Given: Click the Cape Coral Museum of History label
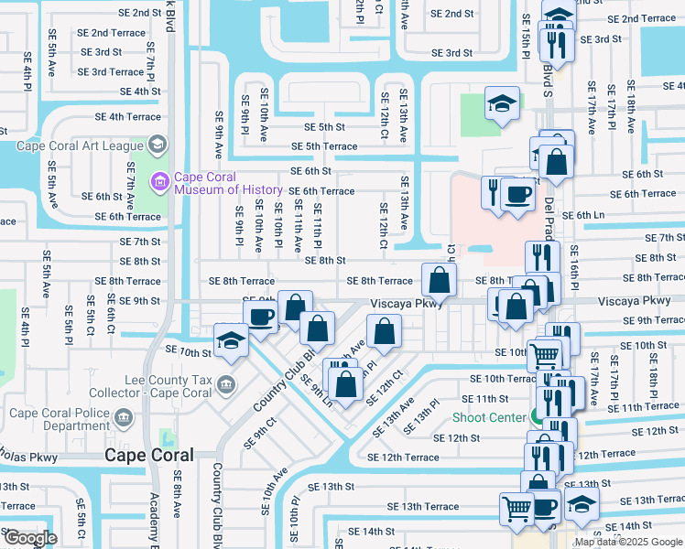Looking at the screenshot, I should coord(205,183).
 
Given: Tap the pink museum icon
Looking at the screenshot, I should coord(161,183).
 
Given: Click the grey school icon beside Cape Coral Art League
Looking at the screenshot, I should coord(157,144).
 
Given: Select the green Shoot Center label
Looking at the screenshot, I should coord(487,417).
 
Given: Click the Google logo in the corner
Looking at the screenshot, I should coord(30,538).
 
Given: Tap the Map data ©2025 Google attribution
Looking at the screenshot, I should coord(628,542).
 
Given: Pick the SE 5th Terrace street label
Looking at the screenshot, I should coord(324,146).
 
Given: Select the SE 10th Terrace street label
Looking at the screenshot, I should coord(502,378).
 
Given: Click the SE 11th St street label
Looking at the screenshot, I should coord(484,399).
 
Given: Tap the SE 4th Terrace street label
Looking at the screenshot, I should coord(128,116).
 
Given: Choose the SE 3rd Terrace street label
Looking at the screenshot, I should coord(112,72).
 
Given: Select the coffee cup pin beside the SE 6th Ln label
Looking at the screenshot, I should coord(519,195).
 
